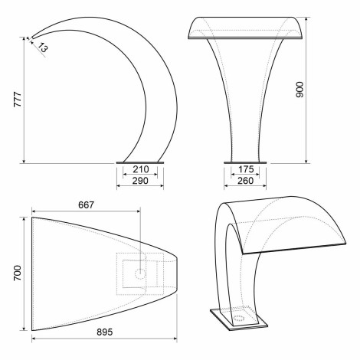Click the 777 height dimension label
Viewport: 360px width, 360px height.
point(18,100)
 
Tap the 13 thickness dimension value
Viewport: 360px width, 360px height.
point(43,47)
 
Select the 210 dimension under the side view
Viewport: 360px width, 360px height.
point(141,169)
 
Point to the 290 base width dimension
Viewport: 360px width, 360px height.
point(140,181)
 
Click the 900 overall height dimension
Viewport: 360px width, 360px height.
point(299,90)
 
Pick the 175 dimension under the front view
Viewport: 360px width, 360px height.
point(246,169)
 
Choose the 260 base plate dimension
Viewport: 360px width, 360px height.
point(245,181)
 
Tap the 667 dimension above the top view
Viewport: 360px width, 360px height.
point(87,205)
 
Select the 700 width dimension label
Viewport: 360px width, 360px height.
point(18,273)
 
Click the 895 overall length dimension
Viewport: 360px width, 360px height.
point(105,332)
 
